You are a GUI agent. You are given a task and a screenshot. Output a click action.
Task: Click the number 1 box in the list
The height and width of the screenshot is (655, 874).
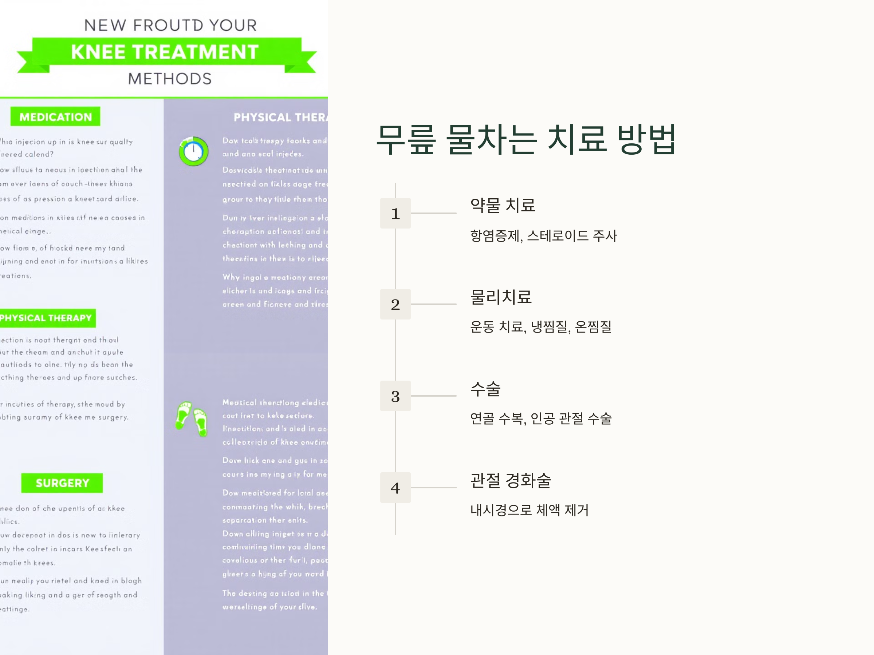pyautogui.click(x=395, y=213)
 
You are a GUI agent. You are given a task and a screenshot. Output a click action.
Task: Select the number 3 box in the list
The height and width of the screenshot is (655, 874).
pyautogui.click(x=395, y=396)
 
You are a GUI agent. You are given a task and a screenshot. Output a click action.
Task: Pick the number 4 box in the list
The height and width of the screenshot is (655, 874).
pyautogui.click(x=395, y=488)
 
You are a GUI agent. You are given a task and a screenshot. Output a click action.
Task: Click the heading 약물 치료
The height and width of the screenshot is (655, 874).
pyautogui.click(x=503, y=205)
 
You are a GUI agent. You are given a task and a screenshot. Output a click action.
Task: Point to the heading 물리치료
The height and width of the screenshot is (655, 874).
pyautogui.click(x=501, y=297)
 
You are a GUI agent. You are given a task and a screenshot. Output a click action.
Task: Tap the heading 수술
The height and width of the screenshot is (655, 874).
pyautogui.click(x=485, y=389)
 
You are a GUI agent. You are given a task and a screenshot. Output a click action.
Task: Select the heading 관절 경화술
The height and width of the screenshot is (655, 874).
pyautogui.click(x=511, y=480)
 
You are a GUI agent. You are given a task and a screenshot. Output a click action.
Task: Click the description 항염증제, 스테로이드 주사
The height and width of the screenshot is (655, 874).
pyautogui.click(x=543, y=236)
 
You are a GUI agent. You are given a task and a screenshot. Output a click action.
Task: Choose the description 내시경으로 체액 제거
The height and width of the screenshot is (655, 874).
pyautogui.click(x=529, y=510)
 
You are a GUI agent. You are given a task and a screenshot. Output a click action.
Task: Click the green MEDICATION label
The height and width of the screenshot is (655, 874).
pyautogui.click(x=55, y=117)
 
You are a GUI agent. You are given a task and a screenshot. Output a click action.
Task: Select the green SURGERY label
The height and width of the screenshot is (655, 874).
pyautogui.click(x=62, y=483)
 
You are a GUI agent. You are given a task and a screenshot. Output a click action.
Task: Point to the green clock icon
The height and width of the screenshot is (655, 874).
pyautogui.click(x=193, y=151)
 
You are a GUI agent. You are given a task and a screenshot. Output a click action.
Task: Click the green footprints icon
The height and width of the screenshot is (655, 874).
pyautogui.click(x=192, y=418)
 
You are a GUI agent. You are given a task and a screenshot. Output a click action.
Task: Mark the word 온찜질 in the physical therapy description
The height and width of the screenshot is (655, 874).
pyautogui.click(x=593, y=327)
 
